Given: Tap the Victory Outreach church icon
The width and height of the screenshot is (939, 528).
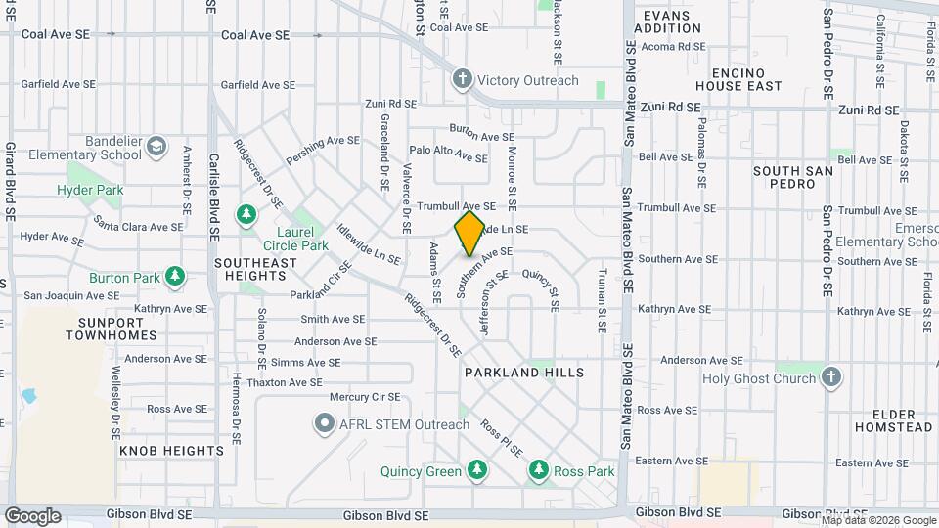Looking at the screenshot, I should point(462,80).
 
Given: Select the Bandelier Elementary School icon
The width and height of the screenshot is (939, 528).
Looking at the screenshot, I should point(156,148).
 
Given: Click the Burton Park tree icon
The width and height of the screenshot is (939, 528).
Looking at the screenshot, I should point(175,278).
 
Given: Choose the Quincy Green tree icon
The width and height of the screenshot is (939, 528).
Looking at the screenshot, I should point(477,471).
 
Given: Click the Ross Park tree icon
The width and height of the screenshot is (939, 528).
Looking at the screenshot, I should point(538,471).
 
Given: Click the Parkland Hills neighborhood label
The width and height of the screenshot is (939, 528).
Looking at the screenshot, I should point(524,373).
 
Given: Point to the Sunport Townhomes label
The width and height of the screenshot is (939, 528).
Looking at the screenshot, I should point(112,328).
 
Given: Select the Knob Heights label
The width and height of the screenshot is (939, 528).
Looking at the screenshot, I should point(171,451).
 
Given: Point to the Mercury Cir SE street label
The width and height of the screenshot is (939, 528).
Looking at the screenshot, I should point(365,397).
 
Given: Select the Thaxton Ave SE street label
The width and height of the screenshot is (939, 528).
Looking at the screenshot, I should point(285,382).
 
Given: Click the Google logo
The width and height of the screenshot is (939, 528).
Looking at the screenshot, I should point(32,515).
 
